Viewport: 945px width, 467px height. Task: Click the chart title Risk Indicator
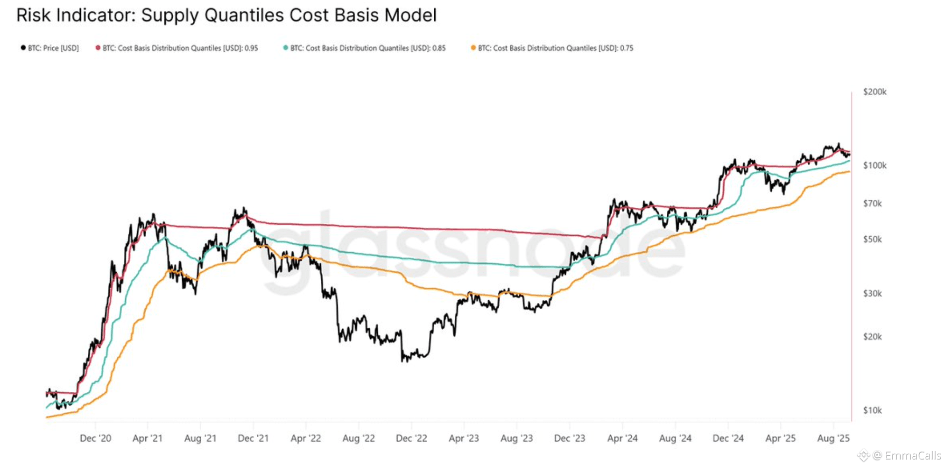pos(226,15)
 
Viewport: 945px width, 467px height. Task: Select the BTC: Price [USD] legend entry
pos(53,48)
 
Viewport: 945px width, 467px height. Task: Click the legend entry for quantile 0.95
pos(180,48)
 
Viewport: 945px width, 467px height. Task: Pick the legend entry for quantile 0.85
pos(368,48)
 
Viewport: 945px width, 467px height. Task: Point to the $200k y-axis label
pos(874,92)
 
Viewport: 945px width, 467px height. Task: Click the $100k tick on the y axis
pos(874,165)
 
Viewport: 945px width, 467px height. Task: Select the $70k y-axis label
pos(872,204)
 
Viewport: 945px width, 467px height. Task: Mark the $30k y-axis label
pos(872,294)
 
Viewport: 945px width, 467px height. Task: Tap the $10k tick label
pos(872,410)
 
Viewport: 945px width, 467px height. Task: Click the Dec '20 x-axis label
pos(95,439)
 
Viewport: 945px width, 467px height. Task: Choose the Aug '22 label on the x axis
pos(359,439)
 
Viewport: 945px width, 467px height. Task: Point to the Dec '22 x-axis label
pos(411,439)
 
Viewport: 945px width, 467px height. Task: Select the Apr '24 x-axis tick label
pos(622,439)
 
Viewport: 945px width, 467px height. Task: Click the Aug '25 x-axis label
pos(833,439)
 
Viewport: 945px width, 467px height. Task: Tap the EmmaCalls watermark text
pos(913,456)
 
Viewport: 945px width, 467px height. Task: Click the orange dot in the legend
pos(473,48)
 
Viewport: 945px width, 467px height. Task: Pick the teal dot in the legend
pos(286,48)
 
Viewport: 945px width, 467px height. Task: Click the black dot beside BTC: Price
pos(23,48)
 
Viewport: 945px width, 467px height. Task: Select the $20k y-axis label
pos(872,337)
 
